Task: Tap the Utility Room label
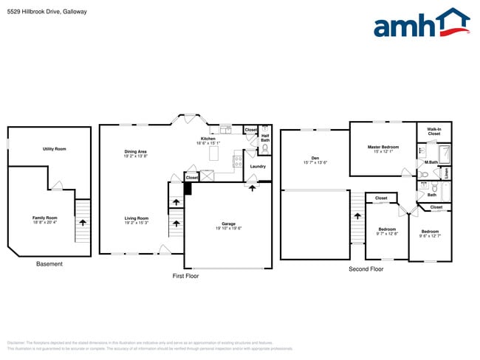click(x=54, y=149)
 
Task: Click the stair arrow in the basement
click(x=83, y=219)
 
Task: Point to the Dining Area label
click(x=135, y=152)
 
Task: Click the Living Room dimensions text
click(x=136, y=223)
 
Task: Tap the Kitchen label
click(x=208, y=139)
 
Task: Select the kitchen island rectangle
click(x=215, y=153)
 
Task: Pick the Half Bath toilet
click(x=264, y=148)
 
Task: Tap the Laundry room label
click(x=258, y=167)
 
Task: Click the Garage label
click(x=228, y=224)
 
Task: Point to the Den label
click(x=315, y=158)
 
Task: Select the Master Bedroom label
click(x=384, y=147)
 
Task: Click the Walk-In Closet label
click(x=433, y=131)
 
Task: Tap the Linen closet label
click(x=447, y=173)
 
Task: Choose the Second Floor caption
click(x=366, y=269)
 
